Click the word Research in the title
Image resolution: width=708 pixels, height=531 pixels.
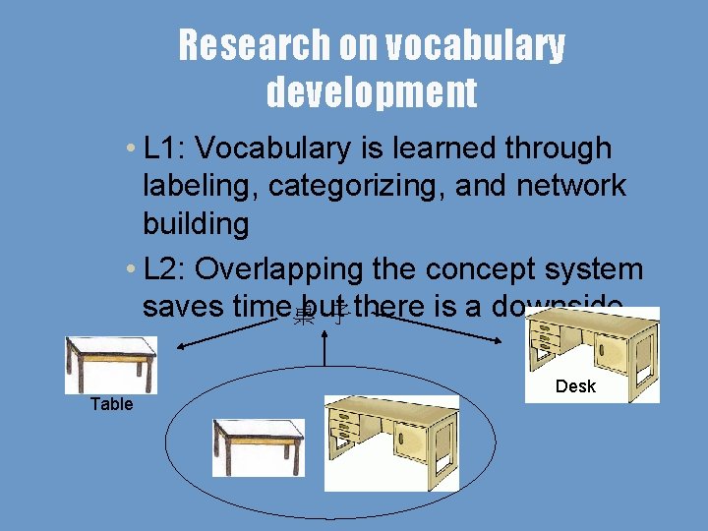242,45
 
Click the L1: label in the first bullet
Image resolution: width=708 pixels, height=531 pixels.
166,148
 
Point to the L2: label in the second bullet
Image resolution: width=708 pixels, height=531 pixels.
166,269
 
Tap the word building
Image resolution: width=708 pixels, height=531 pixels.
195,223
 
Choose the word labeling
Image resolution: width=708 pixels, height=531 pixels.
196,186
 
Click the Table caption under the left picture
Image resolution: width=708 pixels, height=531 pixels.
111,404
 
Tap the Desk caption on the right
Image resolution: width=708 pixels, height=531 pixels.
575,386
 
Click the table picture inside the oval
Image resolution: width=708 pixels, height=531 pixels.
258,446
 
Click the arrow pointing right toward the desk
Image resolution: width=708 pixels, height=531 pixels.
442,328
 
